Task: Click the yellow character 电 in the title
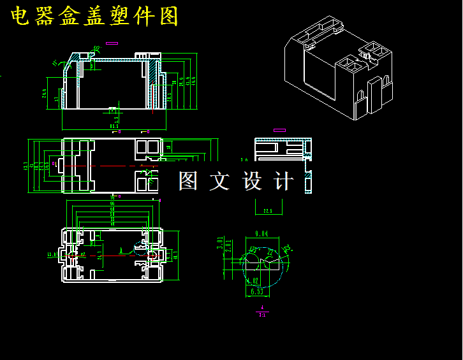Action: tap(20, 17)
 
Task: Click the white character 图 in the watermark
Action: tap(188, 181)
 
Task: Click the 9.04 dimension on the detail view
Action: tap(261, 234)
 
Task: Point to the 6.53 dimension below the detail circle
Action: tap(257, 292)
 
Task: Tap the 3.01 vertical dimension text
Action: tap(220, 244)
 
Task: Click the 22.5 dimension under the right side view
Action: tap(268, 210)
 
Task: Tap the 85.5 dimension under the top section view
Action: tap(114, 126)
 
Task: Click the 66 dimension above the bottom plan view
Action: tap(112, 204)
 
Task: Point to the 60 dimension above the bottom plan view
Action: tap(112, 209)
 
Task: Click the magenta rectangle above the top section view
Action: tap(112, 43)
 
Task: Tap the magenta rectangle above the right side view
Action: tap(279, 130)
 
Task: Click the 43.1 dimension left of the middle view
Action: tap(26, 166)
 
